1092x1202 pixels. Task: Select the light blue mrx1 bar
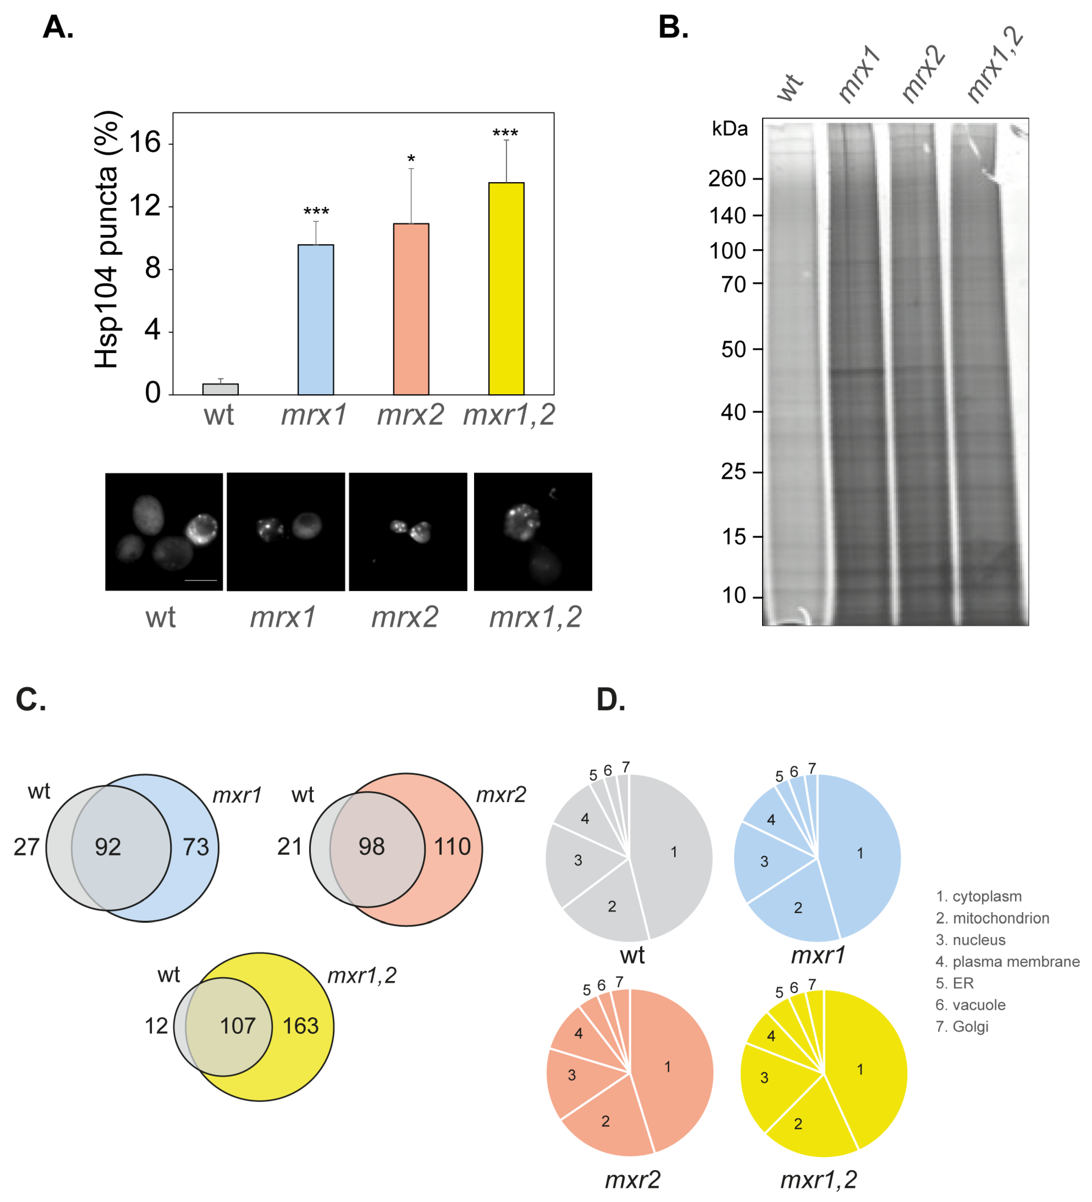point(315,320)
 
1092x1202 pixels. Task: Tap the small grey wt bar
point(220,389)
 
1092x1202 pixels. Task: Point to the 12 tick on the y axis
point(145,206)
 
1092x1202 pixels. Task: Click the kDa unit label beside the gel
point(730,129)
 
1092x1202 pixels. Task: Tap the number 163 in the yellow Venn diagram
point(300,1026)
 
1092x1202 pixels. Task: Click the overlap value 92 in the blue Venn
point(108,847)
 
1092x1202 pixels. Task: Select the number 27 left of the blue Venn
point(26,847)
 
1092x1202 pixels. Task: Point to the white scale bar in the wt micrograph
point(200,580)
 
